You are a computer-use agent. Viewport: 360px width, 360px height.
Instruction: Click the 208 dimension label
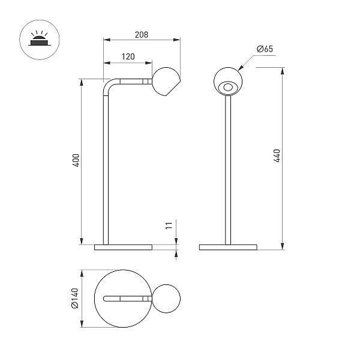click(x=142, y=35)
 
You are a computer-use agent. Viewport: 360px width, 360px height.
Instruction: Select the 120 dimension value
click(x=128, y=56)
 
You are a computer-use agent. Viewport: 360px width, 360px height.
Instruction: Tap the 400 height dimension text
click(x=76, y=160)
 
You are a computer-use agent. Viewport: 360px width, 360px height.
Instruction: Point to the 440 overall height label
click(x=277, y=155)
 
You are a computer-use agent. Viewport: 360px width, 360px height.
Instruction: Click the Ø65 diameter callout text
click(x=265, y=49)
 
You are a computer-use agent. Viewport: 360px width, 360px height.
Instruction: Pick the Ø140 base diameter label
click(x=75, y=298)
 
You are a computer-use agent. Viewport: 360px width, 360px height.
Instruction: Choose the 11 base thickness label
click(x=169, y=226)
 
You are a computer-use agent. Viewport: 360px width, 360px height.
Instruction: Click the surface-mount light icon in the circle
click(x=39, y=40)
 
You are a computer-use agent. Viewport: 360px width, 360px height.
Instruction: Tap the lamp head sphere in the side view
click(x=166, y=82)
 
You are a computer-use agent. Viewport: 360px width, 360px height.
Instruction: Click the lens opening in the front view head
click(x=228, y=87)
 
